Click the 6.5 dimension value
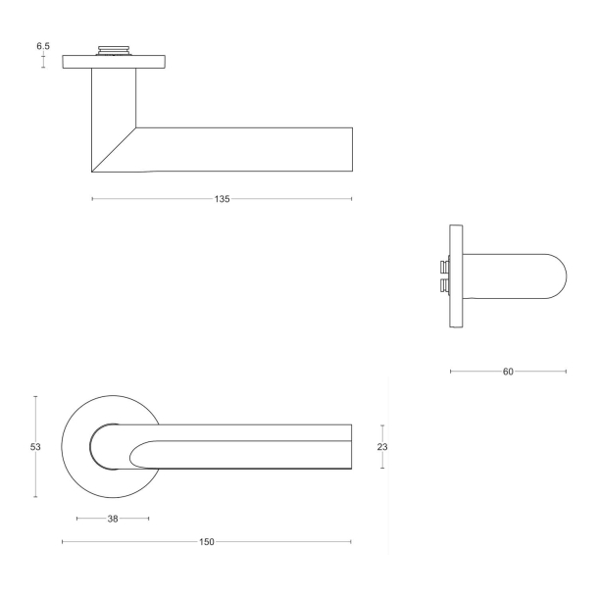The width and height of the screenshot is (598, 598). pos(43,46)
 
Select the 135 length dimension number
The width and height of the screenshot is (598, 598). pos(222,199)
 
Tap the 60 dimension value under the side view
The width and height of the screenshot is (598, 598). pos(508,372)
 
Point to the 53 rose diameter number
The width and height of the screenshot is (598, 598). pos(35,447)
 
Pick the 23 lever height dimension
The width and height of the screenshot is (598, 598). pos(383,447)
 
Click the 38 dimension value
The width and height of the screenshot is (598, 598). pos(113,519)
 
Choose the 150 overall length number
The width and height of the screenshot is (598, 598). pos(207,542)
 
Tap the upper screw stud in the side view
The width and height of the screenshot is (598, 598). pos(445,267)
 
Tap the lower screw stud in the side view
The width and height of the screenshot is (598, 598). pos(445,286)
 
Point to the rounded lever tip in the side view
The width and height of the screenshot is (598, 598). pos(557,276)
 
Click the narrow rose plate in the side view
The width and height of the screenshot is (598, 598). pos(456,276)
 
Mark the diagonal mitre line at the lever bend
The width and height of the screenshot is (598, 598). pos(114,149)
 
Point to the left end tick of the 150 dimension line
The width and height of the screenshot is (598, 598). pos(62,542)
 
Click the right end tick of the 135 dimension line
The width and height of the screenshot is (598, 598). pos(352,199)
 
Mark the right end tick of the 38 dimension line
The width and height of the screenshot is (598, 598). pos(149,519)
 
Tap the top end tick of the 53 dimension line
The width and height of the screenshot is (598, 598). pos(35,396)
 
